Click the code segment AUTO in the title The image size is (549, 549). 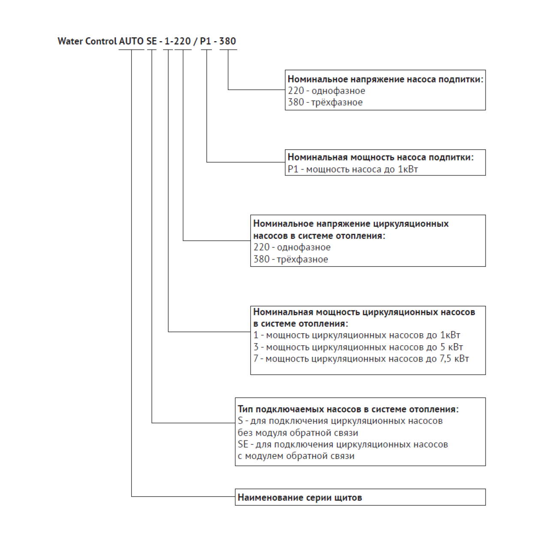click(131, 41)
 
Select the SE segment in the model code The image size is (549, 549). click(151, 41)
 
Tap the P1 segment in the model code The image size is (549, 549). click(205, 41)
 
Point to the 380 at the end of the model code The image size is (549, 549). click(227, 41)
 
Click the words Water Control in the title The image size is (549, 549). click(87, 41)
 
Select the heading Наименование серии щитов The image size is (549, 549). click(300, 498)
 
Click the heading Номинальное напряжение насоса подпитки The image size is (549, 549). click(386, 79)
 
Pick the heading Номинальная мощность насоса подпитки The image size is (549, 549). click(380, 157)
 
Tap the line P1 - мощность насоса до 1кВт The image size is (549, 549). click(353, 169)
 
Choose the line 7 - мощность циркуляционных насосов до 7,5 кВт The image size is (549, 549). click(361, 359)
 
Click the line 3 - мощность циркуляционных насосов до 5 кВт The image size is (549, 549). click(358, 347)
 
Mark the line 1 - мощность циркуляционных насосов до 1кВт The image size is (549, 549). click(357, 335)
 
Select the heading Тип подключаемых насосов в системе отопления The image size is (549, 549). click(348, 410)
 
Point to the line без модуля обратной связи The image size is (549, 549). click(298, 433)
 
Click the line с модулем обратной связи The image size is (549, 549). click(296, 456)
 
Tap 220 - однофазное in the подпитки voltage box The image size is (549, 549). click(326, 91)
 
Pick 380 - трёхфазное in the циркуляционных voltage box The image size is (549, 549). click(291, 259)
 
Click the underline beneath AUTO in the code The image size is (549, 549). click(131, 50)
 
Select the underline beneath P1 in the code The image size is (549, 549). click(206, 50)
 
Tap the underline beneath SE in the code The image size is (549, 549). click(151, 50)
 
